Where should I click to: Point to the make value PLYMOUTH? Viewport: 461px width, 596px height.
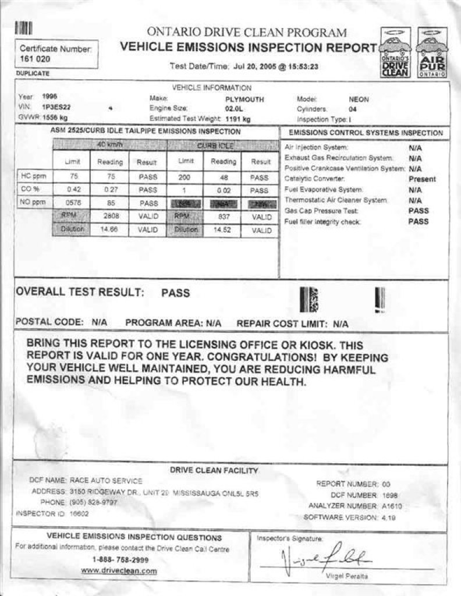click(244, 100)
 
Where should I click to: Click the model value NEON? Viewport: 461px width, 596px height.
click(359, 100)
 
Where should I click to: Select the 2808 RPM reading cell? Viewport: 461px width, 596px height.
click(111, 217)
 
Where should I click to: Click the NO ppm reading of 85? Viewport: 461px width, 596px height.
click(111, 204)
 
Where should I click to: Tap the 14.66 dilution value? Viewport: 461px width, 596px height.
click(111, 230)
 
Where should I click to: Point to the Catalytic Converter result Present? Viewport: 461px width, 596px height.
click(422, 179)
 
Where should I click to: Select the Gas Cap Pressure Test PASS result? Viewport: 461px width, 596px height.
click(419, 211)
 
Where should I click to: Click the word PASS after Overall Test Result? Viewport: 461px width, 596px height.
click(175, 293)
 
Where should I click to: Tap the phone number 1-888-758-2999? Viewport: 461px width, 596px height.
click(120, 560)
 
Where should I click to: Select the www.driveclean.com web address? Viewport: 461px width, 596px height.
click(119, 571)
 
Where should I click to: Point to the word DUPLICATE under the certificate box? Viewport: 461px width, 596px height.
click(33, 74)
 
